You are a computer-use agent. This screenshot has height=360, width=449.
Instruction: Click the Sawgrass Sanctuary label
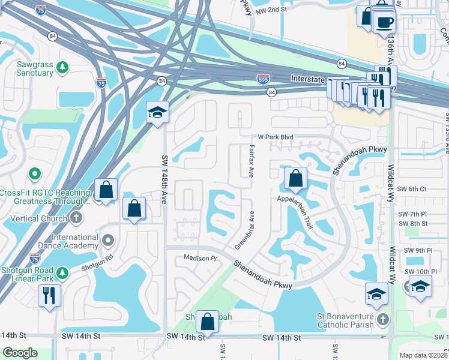[27, 68]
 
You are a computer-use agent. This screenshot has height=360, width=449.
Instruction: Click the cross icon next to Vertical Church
[76, 218]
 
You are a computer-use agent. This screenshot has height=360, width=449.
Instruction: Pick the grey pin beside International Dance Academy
[108, 241]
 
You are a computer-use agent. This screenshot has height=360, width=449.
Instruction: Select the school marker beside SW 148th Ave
[157, 112]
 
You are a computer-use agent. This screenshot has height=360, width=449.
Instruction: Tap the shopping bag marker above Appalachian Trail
[295, 178]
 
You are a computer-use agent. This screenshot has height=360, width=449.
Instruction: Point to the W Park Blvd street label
[276, 137]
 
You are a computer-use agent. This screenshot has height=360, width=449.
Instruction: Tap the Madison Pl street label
[200, 259]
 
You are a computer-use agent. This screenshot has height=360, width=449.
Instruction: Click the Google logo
[20, 353]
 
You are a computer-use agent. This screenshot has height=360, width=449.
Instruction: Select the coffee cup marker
[384, 22]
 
